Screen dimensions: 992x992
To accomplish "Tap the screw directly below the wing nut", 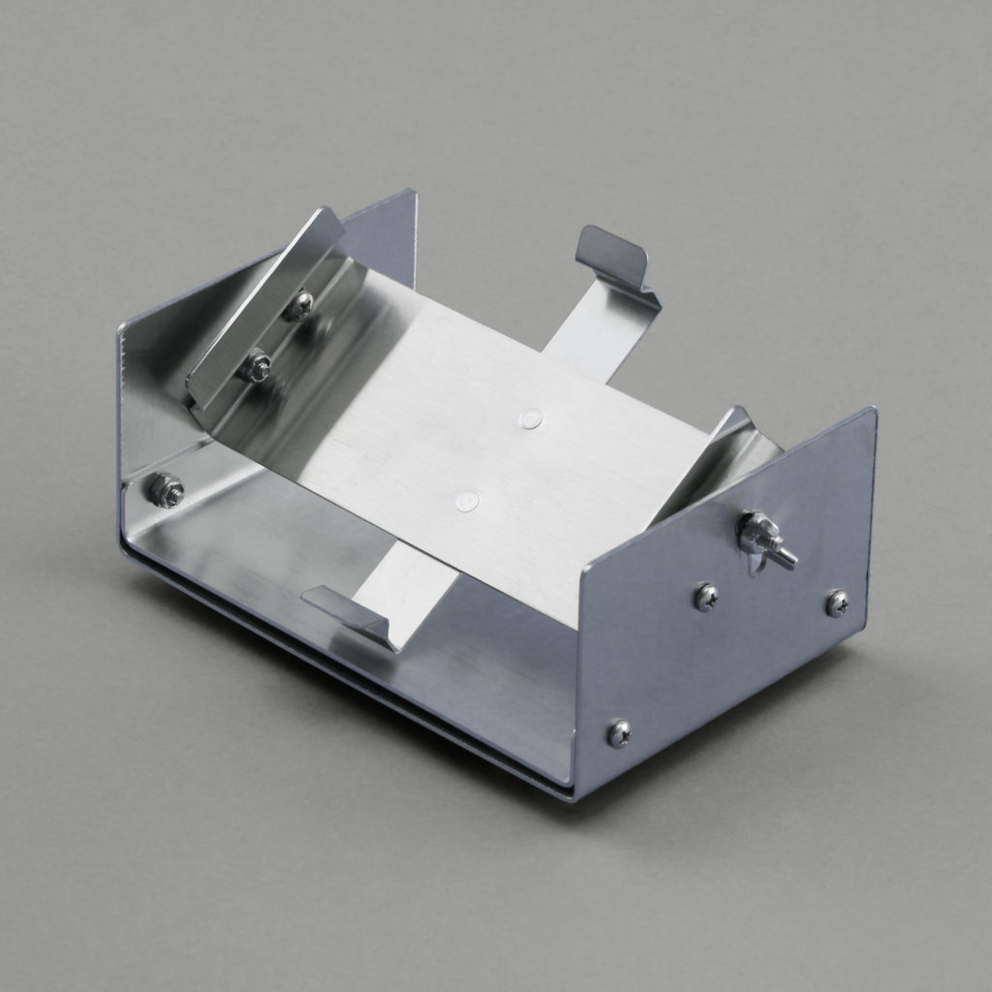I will pos(706,597).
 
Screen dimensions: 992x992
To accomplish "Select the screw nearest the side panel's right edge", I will pos(837,604).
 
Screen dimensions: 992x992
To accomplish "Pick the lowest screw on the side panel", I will pos(619,733).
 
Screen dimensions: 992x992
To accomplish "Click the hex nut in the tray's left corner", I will pos(167,490).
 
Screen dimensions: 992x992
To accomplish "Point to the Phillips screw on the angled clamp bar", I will pos(299,306).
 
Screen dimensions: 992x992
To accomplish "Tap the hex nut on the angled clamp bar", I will pos(257,367).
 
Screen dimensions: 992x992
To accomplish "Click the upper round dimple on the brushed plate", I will pos(530,418).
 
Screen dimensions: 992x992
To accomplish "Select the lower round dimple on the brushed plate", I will pos(467,501).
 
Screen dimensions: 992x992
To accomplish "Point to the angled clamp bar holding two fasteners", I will pos(263,310).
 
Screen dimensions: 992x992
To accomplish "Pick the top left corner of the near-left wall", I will pos(121,328).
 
